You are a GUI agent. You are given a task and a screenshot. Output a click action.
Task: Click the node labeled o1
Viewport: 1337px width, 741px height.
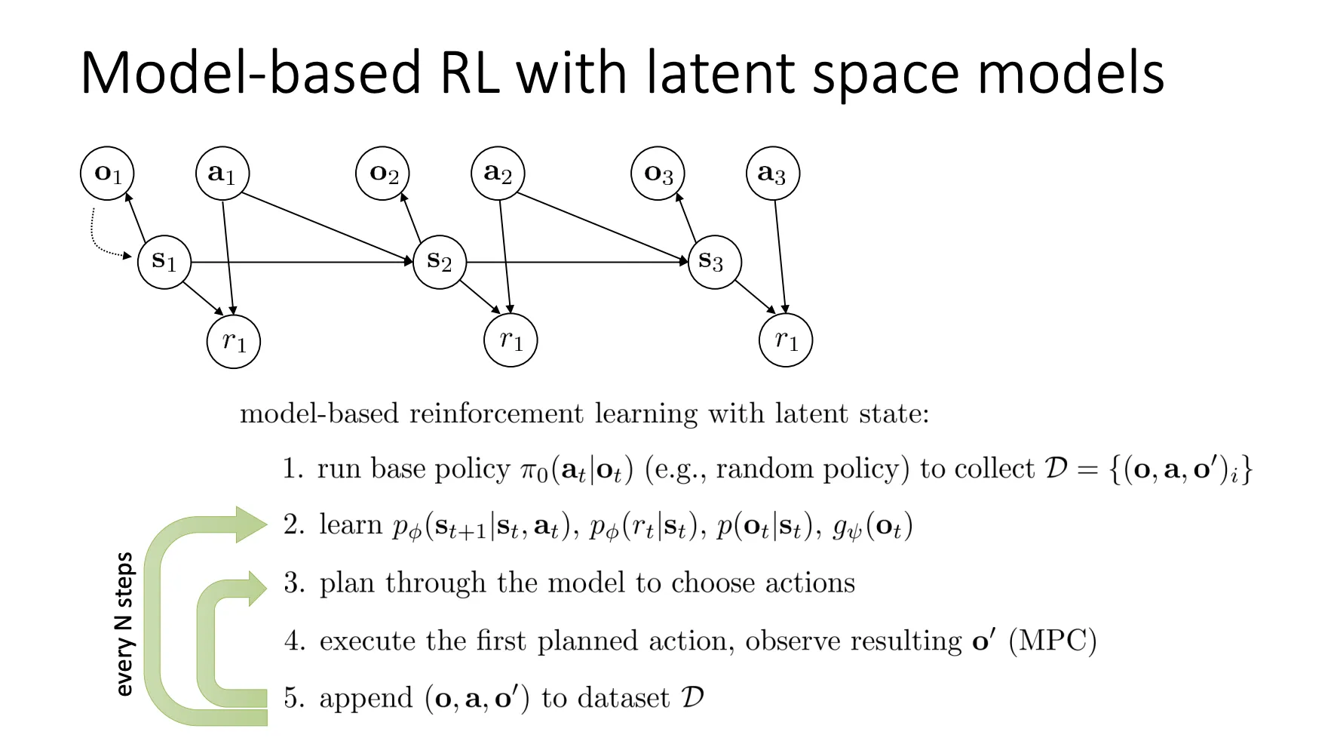(x=107, y=174)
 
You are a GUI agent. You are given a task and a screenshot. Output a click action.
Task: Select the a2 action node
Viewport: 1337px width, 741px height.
(x=498, y=174)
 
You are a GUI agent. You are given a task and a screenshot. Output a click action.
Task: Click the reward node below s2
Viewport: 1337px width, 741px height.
(x=511, y=340)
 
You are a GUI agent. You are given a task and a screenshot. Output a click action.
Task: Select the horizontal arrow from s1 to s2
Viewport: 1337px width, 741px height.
(x=302, y=262)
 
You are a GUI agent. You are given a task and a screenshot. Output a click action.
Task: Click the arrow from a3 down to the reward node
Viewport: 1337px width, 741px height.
(x=780, y=257)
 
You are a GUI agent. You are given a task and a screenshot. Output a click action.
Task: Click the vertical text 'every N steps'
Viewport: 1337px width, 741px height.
(x=124, y=624)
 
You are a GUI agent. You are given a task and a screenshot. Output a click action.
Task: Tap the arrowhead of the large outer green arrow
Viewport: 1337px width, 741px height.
(x=250, y=524)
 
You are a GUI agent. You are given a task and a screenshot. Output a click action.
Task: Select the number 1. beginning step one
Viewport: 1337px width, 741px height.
(x=293, y=469)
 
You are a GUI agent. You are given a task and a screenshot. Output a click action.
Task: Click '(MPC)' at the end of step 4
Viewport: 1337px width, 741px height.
(x=1052, y=641)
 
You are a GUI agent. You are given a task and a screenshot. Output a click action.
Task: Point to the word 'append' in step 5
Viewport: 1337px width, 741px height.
(x=366, y=699)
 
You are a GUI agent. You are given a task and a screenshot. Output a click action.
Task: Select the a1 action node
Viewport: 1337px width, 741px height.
(x=222, y=174)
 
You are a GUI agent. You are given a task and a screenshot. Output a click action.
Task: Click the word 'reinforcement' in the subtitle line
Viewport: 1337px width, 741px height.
(x=496, y=414)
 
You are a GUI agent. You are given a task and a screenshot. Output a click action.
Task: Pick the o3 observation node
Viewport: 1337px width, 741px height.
(x=658, y=174)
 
